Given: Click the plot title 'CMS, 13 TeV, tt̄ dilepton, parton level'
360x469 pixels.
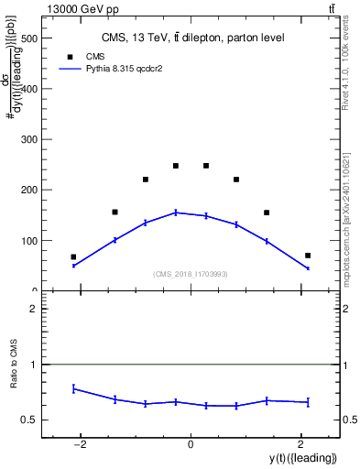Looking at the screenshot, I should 191,38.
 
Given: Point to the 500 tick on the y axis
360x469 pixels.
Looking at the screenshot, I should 30,39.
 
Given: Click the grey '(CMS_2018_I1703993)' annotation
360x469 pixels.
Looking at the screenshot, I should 191,274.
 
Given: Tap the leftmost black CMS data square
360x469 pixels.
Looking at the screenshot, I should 73,257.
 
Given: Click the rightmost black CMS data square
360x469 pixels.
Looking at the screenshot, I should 308,256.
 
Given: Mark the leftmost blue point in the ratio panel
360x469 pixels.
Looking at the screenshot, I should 73,388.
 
